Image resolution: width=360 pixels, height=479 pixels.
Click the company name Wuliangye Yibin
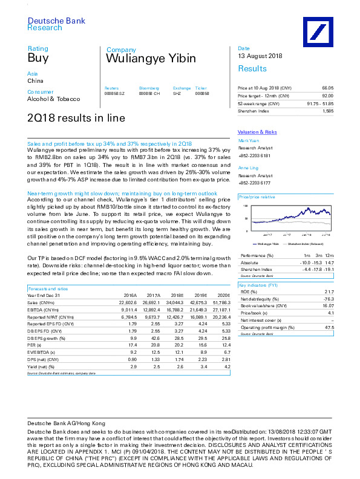tap(151, 59)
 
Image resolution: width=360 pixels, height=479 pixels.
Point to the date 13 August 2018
tap(260, 56)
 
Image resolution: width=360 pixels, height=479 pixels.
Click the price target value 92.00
tap(327, 96)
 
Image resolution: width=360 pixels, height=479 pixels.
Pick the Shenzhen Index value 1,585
tap(328, 111)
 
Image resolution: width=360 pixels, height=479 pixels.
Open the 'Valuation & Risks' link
tap(257, 132)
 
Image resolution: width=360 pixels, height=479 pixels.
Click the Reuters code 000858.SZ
tap(115, 94)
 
